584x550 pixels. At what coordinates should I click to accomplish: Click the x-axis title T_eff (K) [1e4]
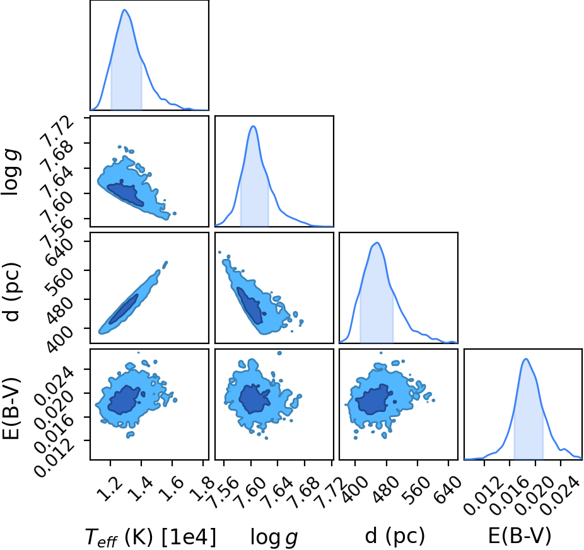tap(151, 537)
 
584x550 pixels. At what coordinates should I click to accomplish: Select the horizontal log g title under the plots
tap(274, 537)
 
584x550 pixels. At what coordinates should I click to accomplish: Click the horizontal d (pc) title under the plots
tap(395, 536)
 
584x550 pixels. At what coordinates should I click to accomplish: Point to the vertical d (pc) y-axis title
tap(11, 292)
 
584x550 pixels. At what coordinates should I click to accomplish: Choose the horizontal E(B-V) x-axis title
tap(520, 536)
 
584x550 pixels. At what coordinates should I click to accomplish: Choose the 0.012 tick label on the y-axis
tap(54, 457)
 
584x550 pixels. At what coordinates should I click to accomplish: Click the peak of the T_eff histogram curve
tap(124, 9)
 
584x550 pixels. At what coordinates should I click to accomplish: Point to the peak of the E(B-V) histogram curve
tap(525, 358)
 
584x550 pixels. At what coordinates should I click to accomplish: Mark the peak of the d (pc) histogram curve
tap(377, 243)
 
